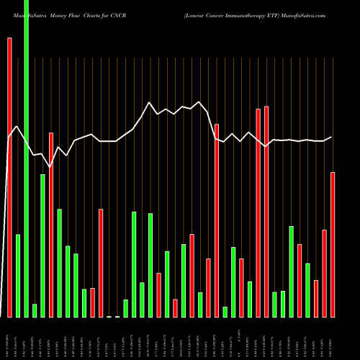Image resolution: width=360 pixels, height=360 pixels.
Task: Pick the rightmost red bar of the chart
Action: coord(333,245)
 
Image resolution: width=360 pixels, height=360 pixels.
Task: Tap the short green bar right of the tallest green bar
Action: coord(35,310)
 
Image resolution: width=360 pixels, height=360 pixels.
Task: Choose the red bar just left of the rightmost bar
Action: coord(325,274)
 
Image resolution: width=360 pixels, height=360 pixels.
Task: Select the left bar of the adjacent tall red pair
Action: coord(258,213)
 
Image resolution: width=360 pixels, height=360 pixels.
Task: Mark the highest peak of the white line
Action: coord(149,102)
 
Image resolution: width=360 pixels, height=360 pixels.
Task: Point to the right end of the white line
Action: coord(332,137)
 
